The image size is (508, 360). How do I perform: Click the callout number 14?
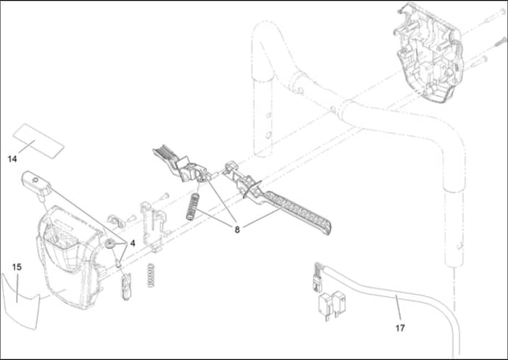click(x=12, y=159)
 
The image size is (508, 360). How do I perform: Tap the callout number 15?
click(x=17, y=267)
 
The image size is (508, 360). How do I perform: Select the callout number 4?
click(x=133, y=243)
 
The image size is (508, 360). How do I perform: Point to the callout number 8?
click(x=237, y=229)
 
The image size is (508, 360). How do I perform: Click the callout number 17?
click(x=400, y=328)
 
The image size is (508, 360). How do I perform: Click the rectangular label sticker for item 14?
click(x=38, y=141)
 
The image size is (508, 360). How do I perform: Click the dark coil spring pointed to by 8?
click(x=192, y=207)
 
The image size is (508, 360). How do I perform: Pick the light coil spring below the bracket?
click(x=150, y=275)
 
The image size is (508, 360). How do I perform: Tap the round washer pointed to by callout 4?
click(x=110, y=243)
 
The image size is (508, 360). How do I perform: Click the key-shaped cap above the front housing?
click(x=36, y=184)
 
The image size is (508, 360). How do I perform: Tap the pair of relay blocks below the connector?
click(x=332, y=305)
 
